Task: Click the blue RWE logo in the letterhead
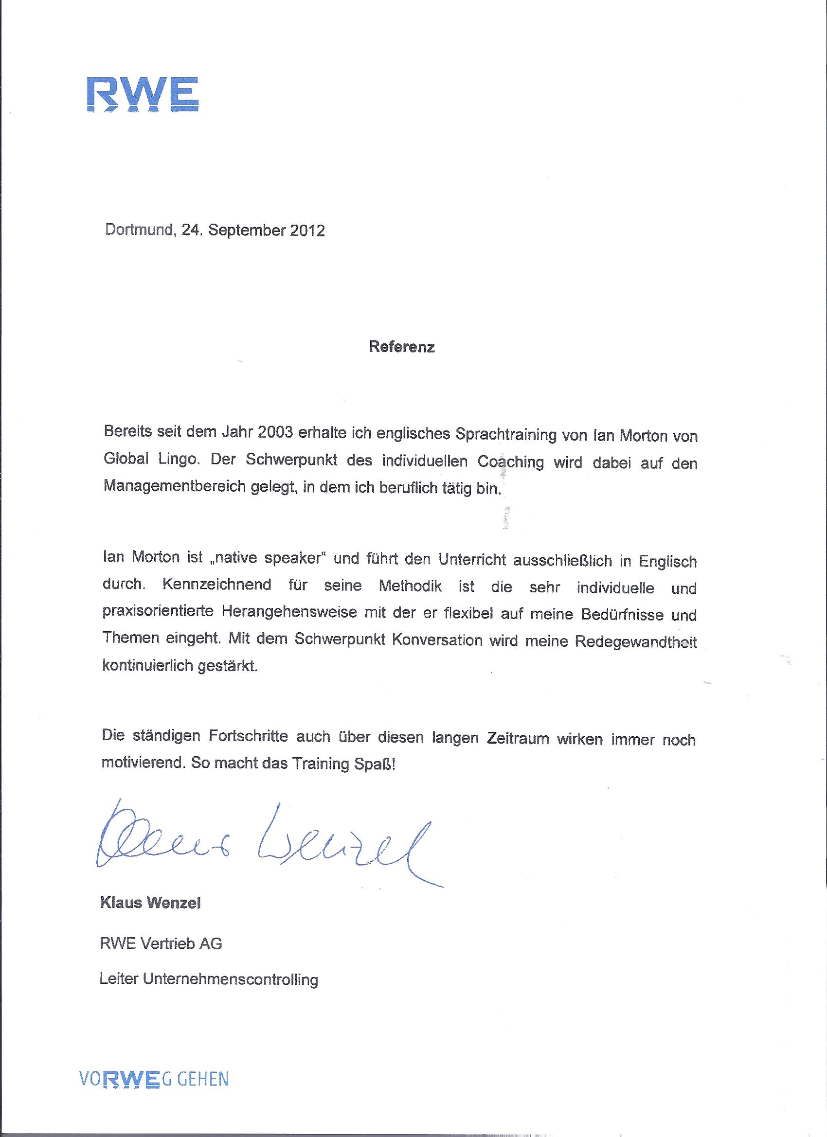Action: [x=143, y=94]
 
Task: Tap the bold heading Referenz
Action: [x=402, y=347]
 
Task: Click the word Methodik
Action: [x=410, y=586]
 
